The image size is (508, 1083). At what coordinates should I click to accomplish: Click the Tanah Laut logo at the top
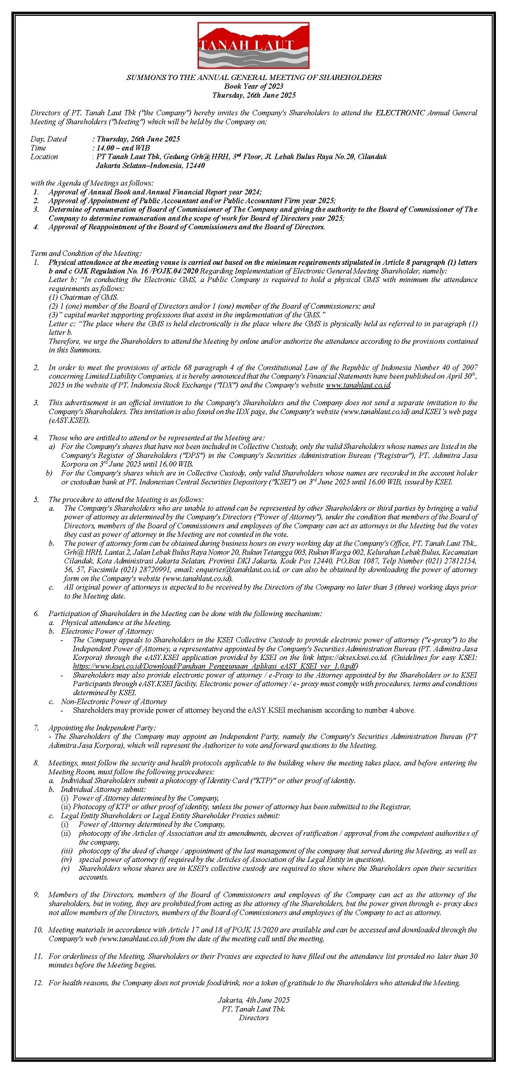click(x=253, y=46)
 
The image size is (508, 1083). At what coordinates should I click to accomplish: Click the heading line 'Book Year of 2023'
click(x=254, y=86)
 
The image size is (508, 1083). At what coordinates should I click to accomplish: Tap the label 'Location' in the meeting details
click(x=44, y=156)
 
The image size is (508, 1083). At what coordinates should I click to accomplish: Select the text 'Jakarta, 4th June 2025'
click(x=253, y=1000)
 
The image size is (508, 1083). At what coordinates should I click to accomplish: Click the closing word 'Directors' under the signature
click(x=253, y=1018)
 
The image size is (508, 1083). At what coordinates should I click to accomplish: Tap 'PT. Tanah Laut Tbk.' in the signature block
click(x=253, y=1009)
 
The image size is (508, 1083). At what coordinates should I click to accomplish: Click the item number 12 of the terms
click(x=37, y=983)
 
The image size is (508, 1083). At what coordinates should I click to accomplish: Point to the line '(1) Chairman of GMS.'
click(x=84, y=297)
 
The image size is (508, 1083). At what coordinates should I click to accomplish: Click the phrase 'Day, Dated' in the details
click(x=49, y=138)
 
